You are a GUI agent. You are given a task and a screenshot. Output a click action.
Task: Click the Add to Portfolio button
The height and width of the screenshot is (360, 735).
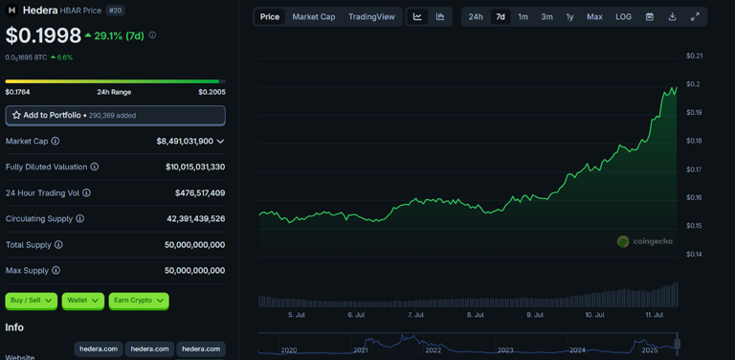115,115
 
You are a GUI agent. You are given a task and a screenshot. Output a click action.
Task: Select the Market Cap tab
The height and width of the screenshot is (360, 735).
314,17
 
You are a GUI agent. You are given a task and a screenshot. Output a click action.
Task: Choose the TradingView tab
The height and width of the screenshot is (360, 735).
371,17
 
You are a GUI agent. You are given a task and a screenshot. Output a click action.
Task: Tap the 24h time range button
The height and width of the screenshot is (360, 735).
476,17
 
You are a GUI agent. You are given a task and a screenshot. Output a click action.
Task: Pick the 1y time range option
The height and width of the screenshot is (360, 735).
569,17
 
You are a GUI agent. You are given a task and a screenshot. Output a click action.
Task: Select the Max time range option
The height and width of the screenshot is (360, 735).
594,17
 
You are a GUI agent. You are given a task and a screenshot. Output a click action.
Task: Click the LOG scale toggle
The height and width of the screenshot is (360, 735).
623,17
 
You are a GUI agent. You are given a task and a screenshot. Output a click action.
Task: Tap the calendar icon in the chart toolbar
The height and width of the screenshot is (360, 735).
650,17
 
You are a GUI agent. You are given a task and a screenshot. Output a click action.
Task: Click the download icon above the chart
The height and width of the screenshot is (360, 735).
672,17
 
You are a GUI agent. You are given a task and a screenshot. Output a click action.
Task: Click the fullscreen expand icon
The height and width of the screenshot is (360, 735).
695,17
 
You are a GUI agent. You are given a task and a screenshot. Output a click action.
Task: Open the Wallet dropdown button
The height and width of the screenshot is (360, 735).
83,301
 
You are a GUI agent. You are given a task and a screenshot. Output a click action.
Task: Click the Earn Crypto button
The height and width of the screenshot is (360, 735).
139,301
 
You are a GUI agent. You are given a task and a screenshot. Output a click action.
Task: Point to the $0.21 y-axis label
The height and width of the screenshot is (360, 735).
694,56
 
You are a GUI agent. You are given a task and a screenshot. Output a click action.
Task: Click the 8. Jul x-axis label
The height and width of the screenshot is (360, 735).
476,314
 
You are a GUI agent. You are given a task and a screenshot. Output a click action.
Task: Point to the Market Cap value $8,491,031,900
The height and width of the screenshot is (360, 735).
185,141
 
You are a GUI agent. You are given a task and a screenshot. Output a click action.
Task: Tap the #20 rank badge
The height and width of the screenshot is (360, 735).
116,11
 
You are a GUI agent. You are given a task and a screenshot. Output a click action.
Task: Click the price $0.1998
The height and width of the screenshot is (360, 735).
43,35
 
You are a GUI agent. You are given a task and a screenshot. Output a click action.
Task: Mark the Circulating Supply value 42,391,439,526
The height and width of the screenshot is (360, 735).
195,218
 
